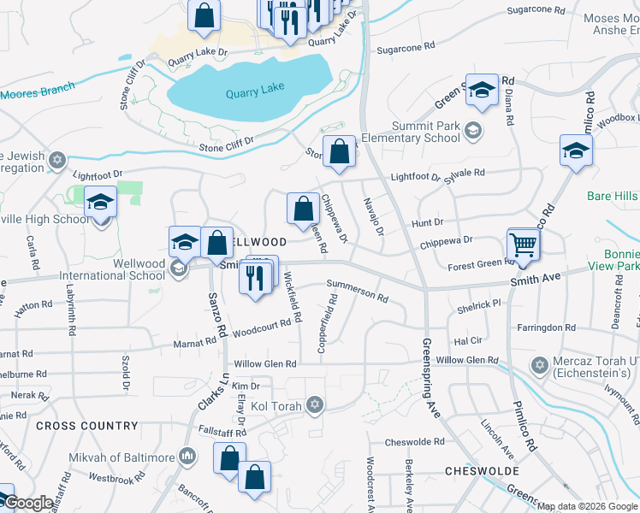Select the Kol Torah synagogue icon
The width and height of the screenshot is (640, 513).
315,404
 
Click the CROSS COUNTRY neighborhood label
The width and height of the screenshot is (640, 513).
87,426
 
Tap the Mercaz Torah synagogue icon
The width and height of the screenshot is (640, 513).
538,366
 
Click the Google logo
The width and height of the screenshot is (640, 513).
27,503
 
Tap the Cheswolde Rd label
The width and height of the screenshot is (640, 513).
414,442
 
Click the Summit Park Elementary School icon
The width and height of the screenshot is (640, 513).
474,131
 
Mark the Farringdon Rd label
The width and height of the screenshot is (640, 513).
546,327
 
